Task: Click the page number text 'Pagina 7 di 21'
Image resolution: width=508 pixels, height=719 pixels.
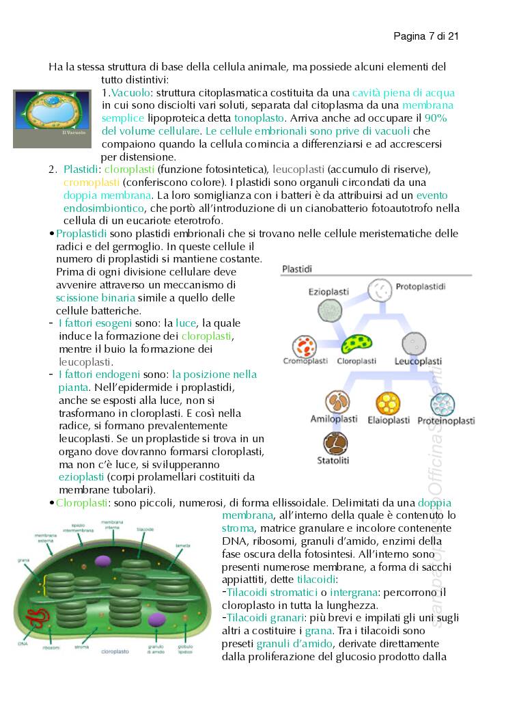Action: click(425, 36)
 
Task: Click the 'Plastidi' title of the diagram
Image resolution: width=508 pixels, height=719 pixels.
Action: click(297, 269)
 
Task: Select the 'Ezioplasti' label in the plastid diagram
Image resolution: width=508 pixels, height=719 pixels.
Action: click(328, 291)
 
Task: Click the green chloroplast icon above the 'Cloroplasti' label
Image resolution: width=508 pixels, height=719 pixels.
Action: click(356, 344)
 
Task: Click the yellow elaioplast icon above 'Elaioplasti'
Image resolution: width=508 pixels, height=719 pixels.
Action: click(389, 403)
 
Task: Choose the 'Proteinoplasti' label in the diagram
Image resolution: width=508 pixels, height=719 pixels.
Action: click(446, 421)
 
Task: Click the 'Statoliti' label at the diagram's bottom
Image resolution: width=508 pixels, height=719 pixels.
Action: click(333, 461)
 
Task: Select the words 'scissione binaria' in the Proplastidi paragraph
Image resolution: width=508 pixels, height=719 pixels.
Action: click(96, 298)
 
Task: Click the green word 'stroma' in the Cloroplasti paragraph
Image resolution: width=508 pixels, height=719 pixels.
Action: click(236, 528)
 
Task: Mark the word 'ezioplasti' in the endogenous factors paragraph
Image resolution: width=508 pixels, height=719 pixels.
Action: click(81, 476)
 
